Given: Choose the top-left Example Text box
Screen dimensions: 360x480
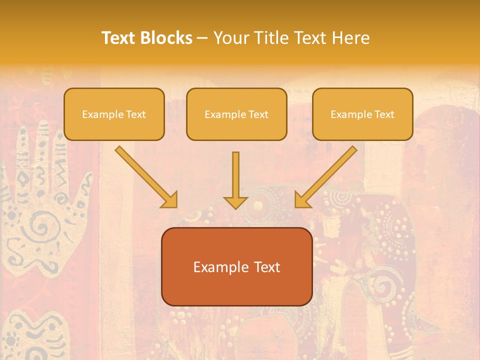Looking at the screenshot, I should click(114, 114).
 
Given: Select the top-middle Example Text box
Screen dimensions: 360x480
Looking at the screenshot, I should click(236, 114).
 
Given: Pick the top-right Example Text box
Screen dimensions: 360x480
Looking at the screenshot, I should click(362, 114).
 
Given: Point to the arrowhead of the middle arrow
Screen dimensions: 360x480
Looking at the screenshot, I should click(235, 202).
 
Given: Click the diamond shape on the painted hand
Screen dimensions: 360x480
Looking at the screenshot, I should click(23, 177).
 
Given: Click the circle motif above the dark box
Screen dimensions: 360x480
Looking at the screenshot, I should click(258, 204).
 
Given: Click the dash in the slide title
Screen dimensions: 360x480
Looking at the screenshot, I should click(202, 38).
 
